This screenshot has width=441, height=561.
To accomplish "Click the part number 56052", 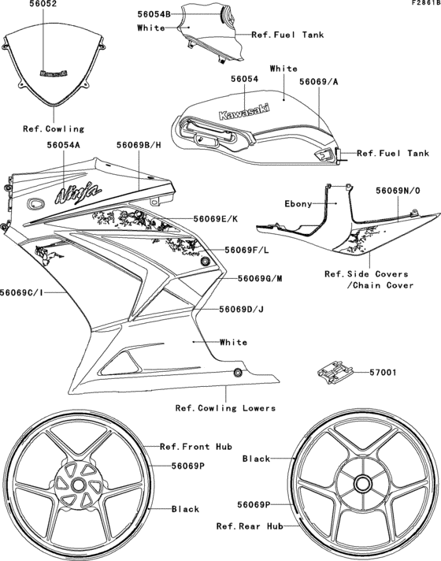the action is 43,4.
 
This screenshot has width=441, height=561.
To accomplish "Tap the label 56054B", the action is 154,14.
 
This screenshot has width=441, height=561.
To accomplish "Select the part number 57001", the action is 383,373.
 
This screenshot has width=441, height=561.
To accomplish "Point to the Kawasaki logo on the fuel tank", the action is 244,111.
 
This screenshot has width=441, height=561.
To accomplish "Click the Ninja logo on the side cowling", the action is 78,193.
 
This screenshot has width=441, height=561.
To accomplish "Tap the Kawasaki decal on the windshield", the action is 54,73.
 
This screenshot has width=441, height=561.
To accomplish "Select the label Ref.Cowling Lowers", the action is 225,408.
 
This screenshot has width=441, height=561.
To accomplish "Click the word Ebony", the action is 298,204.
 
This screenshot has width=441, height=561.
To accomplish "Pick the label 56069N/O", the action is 398,191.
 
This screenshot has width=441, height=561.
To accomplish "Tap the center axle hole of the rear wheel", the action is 362,484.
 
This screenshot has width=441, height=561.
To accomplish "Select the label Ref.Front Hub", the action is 196,447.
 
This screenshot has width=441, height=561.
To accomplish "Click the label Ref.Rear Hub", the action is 250,526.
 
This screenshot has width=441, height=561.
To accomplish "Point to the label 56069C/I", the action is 22,292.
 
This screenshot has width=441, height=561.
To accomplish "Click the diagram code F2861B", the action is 426,3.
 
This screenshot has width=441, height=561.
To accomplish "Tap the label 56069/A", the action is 319,82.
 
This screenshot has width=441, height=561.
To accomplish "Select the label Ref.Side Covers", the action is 366,274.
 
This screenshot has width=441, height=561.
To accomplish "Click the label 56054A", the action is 64,145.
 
